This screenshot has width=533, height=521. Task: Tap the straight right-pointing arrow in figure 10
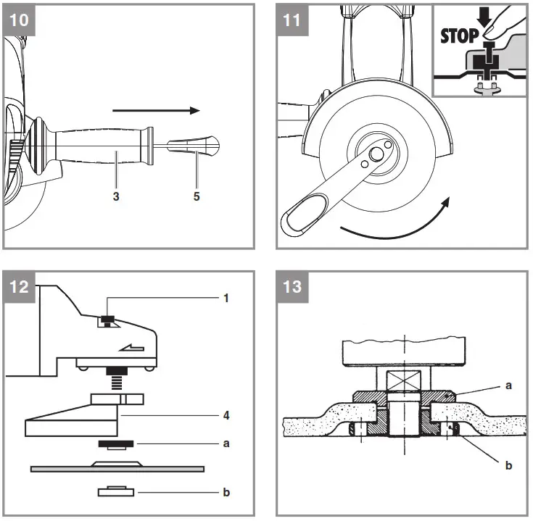click(x=156, y=111)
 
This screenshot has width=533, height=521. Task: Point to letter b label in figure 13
click(x=508, y=465)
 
